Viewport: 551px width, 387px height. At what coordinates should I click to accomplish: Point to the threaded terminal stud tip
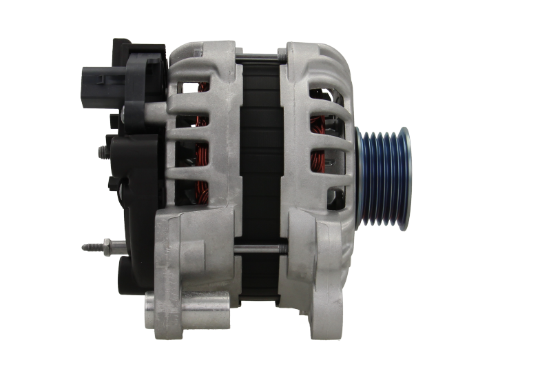pos(86,246)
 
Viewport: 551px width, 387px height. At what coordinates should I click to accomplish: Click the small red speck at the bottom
pos(303,319)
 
